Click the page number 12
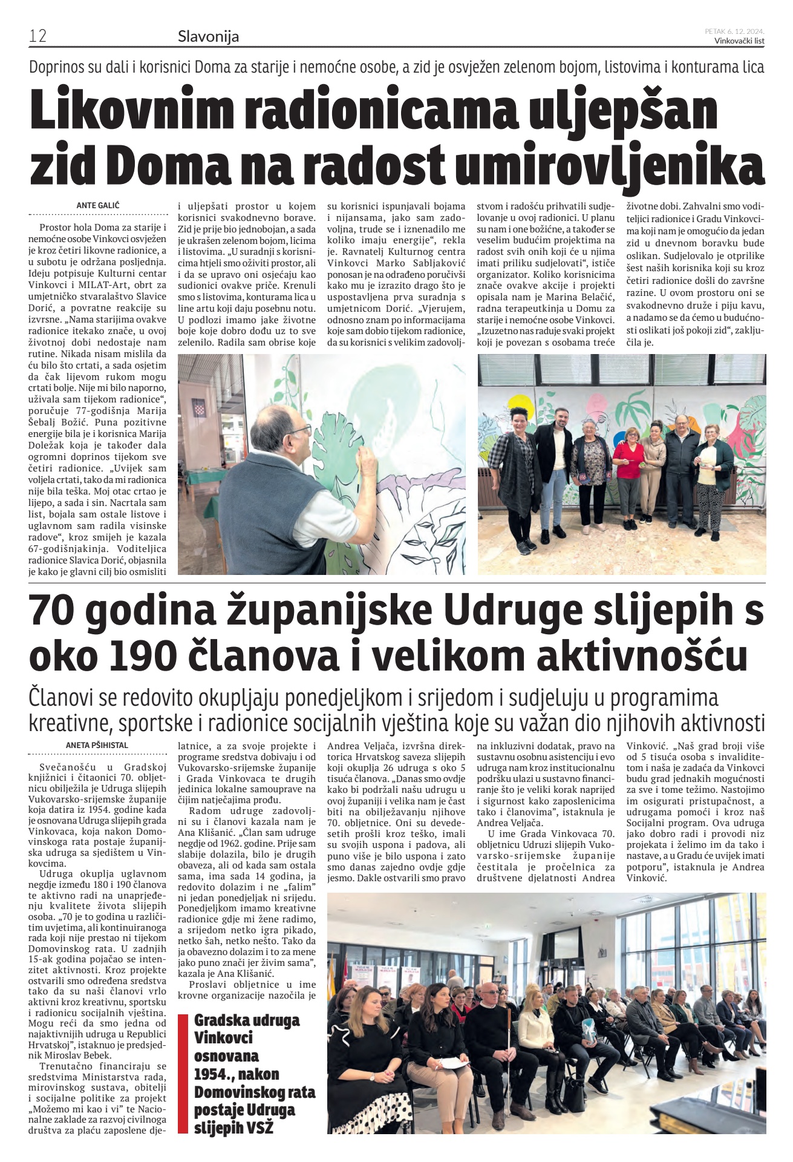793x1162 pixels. (x=38, y=36)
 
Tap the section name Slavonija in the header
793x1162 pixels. (x=208, y=36)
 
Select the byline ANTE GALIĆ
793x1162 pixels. (x=98, y=205)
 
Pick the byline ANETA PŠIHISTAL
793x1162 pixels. (x=97, y=745)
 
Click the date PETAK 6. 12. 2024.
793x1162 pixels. (x=734, y=31)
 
